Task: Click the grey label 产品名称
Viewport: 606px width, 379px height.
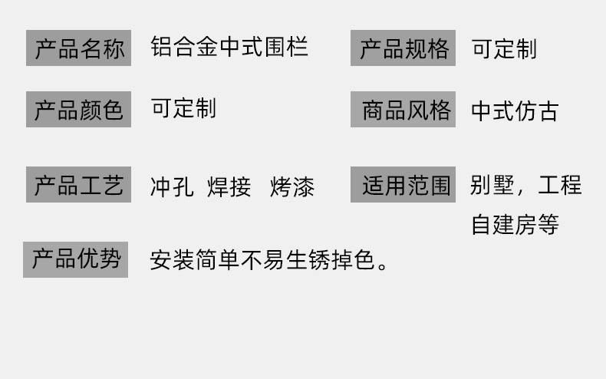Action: click(x=79, y=48)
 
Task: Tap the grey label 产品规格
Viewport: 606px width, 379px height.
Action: click(x=403, y=48)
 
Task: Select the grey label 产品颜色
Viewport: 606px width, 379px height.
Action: click(x=79, y=109)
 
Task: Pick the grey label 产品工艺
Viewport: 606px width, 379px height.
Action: click(x=79, y=185)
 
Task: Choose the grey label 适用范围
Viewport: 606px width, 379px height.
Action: click(x=403, y=185)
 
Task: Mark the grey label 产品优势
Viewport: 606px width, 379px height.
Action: click(x=76, y=259)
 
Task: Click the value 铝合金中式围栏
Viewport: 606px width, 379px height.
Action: click(x=229, y=47)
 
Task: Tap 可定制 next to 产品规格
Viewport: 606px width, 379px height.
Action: click(x=504, y=49)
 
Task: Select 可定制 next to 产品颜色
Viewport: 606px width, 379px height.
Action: click(x=183, y=108)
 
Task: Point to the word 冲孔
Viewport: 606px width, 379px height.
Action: click(x=172, y=187)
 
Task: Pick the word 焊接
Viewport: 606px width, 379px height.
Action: click(x=229, y=187)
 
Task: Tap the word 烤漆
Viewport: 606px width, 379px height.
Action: click(x=292, y=187)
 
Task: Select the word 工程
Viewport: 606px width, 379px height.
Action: click(x=560, y=186)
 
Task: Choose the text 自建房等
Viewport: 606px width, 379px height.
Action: click(x=515, y=225)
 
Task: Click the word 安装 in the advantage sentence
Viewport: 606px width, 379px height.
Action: click(x=171, y=261)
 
